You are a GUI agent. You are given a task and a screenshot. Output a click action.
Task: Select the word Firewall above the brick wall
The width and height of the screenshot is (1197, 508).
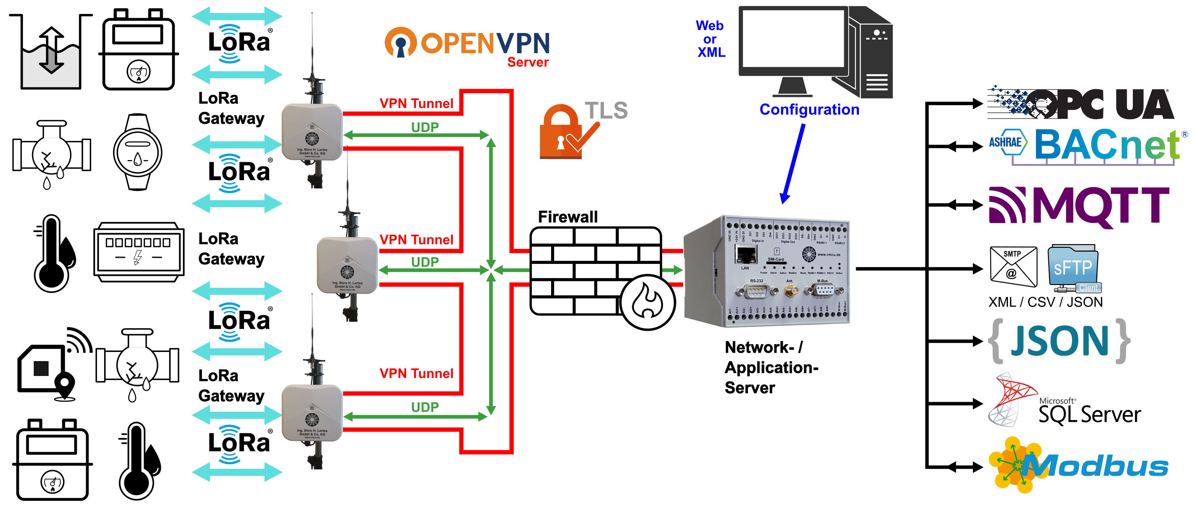567,216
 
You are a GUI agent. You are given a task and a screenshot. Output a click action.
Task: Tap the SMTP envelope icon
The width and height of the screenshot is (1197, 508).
1013,266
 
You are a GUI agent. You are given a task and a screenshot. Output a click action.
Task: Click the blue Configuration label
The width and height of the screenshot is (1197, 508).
809,110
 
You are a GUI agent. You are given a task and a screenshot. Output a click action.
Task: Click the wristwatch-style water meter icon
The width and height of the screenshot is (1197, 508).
138,152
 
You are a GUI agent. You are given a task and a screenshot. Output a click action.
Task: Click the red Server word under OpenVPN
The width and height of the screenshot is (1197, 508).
528,62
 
